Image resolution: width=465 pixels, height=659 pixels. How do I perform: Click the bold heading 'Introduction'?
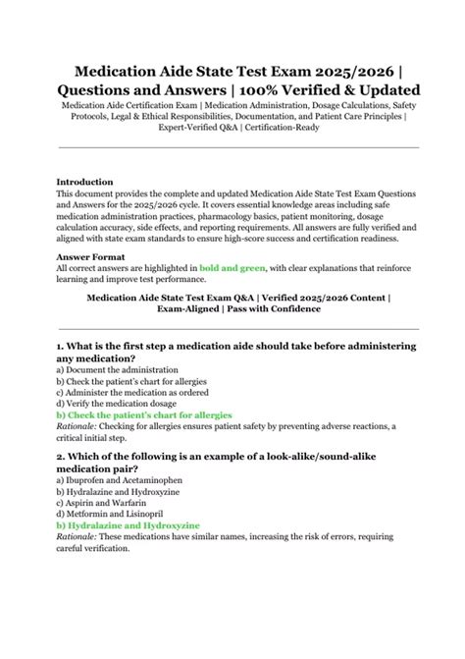pyautogui.click(x=85, y=182)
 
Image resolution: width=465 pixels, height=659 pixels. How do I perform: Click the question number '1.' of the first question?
pyautogui.click(x=61, y=347)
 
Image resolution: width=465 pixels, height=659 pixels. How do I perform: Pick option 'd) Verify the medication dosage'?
pyautogui.click(x=115, y=403)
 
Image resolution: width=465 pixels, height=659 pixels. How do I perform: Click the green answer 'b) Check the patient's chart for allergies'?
pyautogui.click(x=144, y=414)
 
